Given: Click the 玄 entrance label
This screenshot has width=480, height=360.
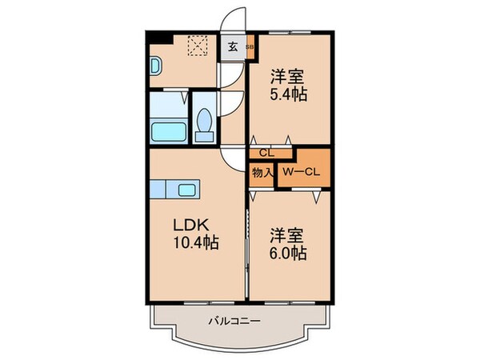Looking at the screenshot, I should [231, 46].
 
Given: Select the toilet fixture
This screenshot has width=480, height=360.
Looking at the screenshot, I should [206, 124].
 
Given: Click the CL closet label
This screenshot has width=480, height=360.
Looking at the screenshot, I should [266, 153].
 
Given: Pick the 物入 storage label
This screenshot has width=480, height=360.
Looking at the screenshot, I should [262, 171].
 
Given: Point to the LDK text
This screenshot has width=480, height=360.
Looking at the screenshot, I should [186, 224].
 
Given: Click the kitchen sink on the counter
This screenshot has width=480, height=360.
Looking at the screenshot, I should [190, 190].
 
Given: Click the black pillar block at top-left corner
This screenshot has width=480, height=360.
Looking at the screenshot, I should [157, 37].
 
